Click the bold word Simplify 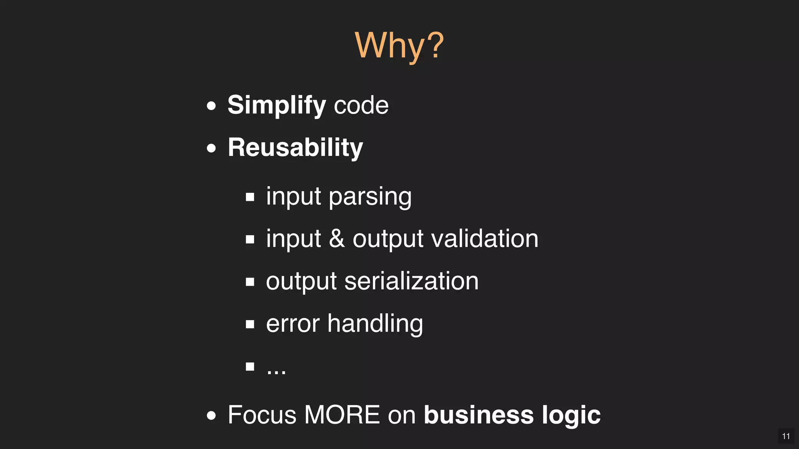[x=276, y=105]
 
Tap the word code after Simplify [x=361, y=105]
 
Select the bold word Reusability [x=295, y=148]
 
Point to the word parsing [x=370, y=196]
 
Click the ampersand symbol [x=337, y=239]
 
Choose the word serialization [x=411, y=281]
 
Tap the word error [x=293, y=323]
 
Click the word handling [x=375, y=323]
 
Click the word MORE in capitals [x=342, y=415]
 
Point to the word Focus [x=262, y=415]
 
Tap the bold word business [x=479, y=415]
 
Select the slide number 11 [x=786, y=436]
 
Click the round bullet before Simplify [x=211, y=106]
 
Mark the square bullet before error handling [x=250, y=324]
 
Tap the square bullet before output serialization [x=250, y=281]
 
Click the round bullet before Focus [x=211, y=415]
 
